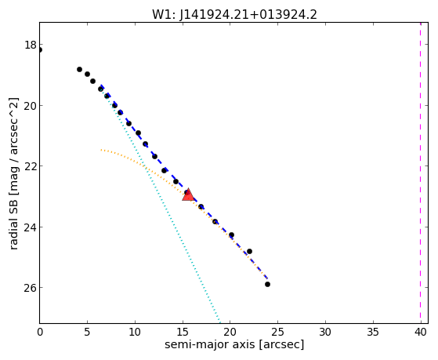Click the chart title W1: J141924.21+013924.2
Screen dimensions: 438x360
pos(234,14)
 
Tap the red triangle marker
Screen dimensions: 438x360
pos(188,195)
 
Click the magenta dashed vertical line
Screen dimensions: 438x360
pos(420,173)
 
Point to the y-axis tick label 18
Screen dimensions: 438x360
pos(30,45)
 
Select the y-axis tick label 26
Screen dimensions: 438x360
pos(30,288)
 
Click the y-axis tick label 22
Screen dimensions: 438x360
pos(30,165)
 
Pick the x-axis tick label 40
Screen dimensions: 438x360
pos(421,332)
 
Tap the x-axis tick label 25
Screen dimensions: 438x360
pos(277,332)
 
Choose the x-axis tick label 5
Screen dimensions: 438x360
pos(88,332)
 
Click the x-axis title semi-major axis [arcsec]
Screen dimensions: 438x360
pos(234,344)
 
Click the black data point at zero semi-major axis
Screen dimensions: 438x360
pos(40,50)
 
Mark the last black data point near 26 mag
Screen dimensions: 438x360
pos(267,285)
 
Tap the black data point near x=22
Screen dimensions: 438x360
pos(249,252)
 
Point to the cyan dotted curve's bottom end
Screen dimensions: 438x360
pos(220,322)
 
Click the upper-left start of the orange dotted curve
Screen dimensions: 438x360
pos(101,151)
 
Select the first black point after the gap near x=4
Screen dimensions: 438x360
pos(79,69)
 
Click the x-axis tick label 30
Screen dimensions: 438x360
pos(325,332)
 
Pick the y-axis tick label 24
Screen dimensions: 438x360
pos(30,227)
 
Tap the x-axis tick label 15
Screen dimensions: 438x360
pos(183,332)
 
